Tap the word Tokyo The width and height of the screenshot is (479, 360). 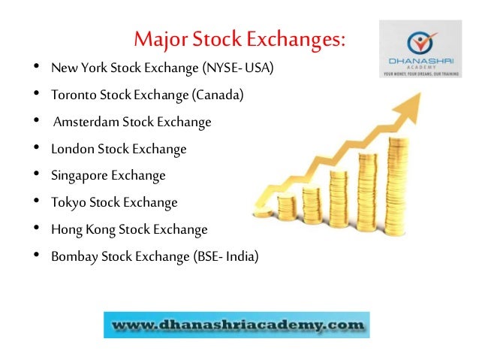pos(66,202)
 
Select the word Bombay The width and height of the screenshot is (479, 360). pos(71,256)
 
